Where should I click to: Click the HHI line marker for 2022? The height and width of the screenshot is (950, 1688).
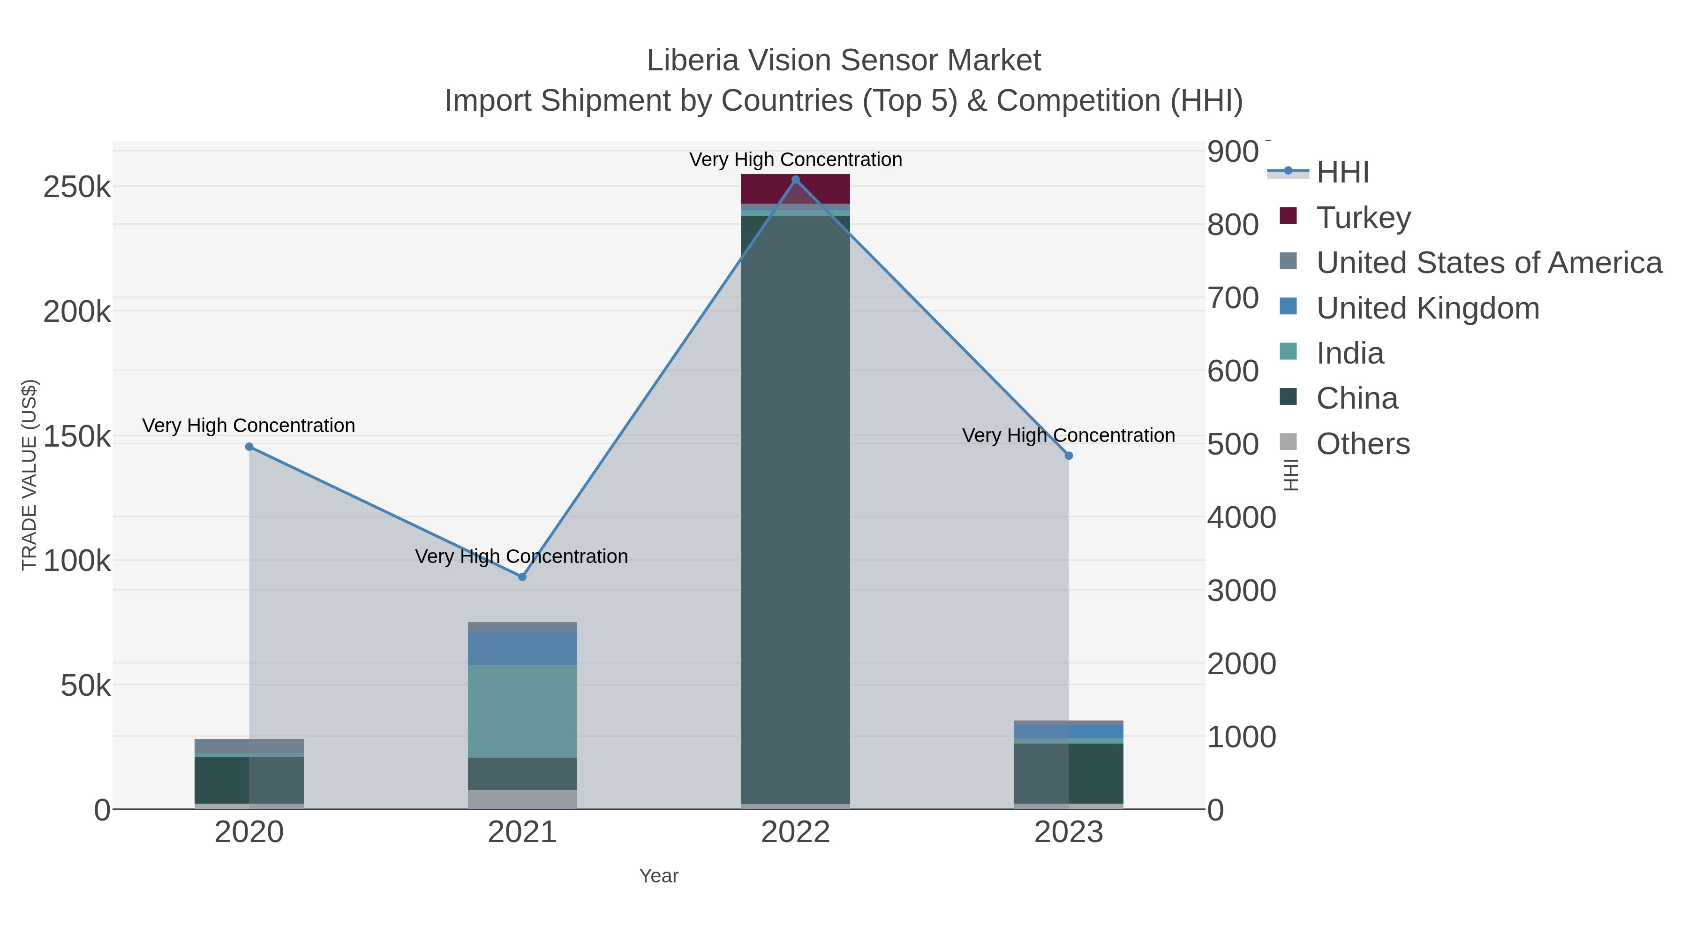click(796, 180)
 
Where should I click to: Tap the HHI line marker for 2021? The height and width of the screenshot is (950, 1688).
click(522, 577)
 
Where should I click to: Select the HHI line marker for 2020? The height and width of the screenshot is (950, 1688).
click(249, 447)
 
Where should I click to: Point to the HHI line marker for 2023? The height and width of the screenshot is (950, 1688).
click(1069, 456)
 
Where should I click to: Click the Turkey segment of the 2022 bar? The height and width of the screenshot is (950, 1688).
click(796, 190)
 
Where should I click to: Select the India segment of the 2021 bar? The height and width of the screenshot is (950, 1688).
click(522, 711)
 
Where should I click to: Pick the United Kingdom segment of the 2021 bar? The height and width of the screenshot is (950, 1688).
click(522, 648)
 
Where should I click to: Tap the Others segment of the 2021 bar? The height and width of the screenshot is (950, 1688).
click(522, 799)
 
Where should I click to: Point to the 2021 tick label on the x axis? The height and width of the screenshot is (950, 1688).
click(522, 833)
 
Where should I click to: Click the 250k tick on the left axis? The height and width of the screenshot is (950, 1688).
click(77, 188)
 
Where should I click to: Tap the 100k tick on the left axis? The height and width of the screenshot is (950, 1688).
click(77, 561)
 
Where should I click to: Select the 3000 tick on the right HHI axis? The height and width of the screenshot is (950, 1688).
click(1241, 591)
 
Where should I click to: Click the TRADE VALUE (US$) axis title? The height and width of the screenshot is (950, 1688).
click(30, 475)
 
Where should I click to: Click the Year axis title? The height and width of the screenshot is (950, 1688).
click(659, 876)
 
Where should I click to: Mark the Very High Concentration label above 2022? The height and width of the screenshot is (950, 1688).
click(796, 160)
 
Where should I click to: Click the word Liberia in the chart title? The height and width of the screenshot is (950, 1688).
click(693, 61)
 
